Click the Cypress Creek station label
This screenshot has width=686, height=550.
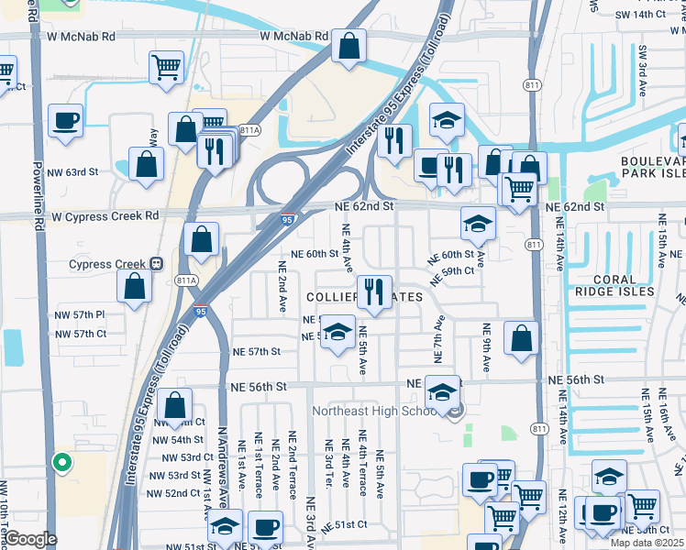pos(108,264)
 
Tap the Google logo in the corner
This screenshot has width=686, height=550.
pos(30,539)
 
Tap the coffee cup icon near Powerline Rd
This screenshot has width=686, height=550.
pos(66,121)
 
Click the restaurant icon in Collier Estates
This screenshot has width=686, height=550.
pos(374,292)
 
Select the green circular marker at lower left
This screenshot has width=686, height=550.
pos(62,462)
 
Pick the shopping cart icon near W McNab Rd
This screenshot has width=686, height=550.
pos(166,67)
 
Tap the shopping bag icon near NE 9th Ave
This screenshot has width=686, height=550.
pos(521,338)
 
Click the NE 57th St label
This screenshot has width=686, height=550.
pos(256,351)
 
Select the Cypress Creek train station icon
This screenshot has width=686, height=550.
pos(157,264)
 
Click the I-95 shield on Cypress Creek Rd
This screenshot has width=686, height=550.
pos(288,220)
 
